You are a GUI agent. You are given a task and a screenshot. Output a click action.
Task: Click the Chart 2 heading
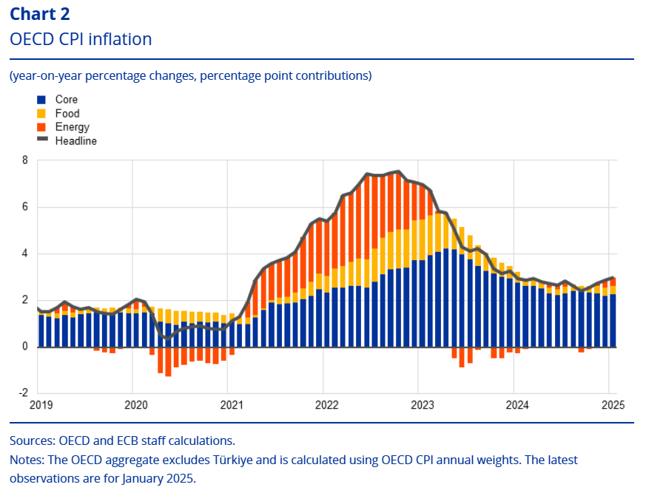pos(39,13)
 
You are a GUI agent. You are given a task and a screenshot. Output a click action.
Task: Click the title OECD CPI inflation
pos(81,38)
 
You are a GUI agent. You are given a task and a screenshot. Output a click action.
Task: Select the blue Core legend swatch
pos(41,100)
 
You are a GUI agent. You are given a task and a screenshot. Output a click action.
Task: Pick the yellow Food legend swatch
pos(41,114)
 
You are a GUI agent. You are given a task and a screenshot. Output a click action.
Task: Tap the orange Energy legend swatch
pos(41,127)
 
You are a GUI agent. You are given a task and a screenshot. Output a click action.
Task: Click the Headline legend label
pos(75,140)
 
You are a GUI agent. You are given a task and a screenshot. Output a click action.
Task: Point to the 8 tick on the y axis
pos(24,160)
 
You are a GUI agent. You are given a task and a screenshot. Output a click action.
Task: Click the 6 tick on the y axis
pos(24,207)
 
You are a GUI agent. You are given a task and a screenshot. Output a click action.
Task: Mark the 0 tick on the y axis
pos(24,347)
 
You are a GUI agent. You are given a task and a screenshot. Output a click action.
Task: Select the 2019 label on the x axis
pos(41,405)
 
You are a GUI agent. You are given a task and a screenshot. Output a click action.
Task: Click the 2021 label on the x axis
pos(231,405)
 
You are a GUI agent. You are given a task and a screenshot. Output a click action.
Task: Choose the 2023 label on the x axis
pos(422,405)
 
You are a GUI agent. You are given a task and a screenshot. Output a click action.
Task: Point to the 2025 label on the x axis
pos(613,405)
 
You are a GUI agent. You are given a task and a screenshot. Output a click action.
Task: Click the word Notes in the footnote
pos(26,460)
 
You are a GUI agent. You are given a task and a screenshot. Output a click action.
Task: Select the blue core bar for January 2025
pos(612,321)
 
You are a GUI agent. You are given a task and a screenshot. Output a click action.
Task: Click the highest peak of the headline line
pos(399,171)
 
